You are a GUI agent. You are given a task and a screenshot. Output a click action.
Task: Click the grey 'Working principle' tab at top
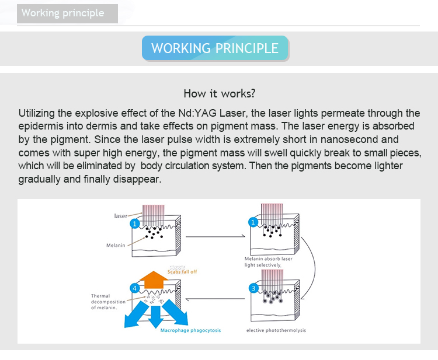(67, 13)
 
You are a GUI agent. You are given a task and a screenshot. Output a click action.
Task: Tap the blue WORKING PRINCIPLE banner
(215, 48)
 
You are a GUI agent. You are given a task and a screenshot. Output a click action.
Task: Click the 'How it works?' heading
(219, 93)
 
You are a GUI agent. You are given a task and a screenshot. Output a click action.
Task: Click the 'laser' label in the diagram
(121, 216)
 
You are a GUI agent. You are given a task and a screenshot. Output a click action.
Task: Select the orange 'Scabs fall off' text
(183, 271)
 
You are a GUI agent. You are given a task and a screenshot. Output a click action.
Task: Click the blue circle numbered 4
(134, 288)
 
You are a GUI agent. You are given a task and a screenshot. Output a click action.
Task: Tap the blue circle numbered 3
(253, 288)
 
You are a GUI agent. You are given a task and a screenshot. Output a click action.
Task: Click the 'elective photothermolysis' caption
(276, 331)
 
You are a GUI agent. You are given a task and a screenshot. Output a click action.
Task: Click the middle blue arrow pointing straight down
(155, 316)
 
